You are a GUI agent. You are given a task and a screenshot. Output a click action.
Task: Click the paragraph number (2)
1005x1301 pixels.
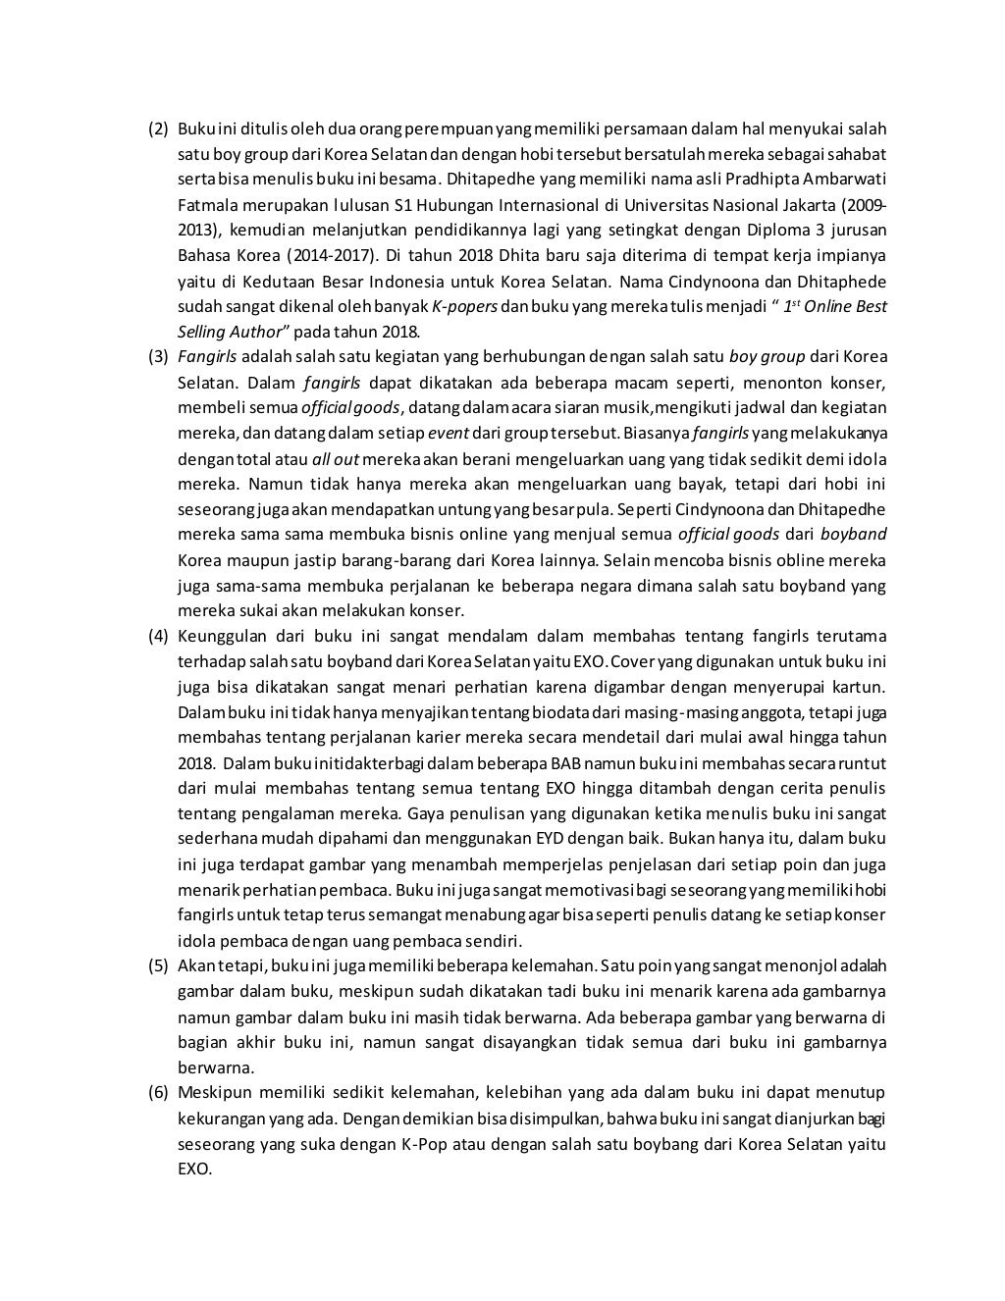tap(158, 130)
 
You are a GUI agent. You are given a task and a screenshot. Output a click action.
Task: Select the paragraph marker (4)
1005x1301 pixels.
tap(158, 636)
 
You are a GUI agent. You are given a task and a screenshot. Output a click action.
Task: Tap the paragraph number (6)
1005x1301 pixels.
tap(158, 1093)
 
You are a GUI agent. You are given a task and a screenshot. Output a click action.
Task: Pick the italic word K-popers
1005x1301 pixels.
tap(462, 307)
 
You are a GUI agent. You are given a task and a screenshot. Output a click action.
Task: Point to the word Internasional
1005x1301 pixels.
tap(548, 206)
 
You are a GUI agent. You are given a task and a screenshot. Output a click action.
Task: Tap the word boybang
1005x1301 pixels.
tap(643, 1144)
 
